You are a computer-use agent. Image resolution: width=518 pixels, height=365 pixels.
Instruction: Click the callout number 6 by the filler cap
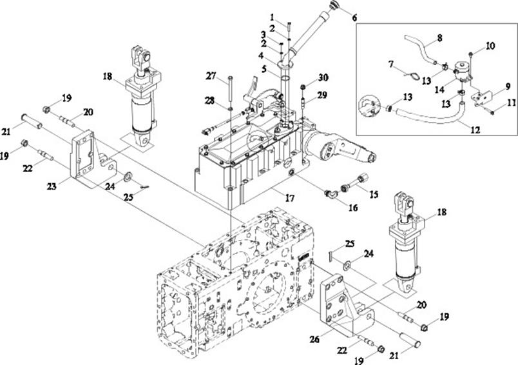click(354, 17)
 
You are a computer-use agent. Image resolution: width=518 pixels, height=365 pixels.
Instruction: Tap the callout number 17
click(289, 198)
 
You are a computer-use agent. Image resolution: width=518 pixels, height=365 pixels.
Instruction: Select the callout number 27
click(211, 75)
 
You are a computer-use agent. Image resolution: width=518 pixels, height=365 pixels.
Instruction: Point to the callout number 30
click(323, 77)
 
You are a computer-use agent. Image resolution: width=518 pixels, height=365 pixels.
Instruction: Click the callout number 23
click(52, 186)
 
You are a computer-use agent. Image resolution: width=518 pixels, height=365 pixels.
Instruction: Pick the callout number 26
click(314, 339)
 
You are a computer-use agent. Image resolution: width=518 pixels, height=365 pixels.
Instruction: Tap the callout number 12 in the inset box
click(475, 130)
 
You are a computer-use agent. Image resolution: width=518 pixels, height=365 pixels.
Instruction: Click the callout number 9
click(508, 86)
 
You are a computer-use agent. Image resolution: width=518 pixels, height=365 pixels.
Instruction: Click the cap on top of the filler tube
click(334, 5)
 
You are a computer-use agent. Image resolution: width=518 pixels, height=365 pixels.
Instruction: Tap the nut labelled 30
click(303, 87)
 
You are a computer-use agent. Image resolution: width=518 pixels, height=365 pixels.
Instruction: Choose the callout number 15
click(374, 194)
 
